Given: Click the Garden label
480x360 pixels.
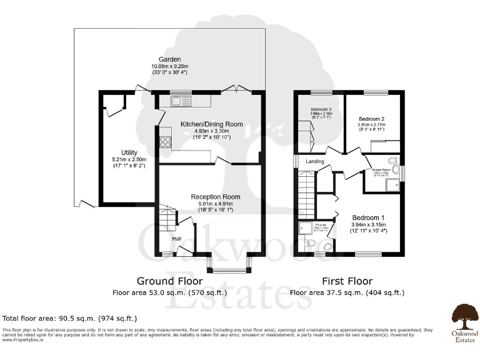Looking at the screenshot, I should pos(166,59).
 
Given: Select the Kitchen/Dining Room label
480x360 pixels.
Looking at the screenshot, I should pos(211,124).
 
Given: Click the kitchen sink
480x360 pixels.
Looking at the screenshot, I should pos(177,100).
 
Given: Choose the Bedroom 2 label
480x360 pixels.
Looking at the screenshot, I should pos(371,119).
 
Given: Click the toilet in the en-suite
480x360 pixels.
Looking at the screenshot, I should pos(311,244).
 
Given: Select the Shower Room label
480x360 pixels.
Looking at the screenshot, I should pos(381,169).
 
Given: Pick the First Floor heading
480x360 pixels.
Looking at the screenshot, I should pos(347,281).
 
